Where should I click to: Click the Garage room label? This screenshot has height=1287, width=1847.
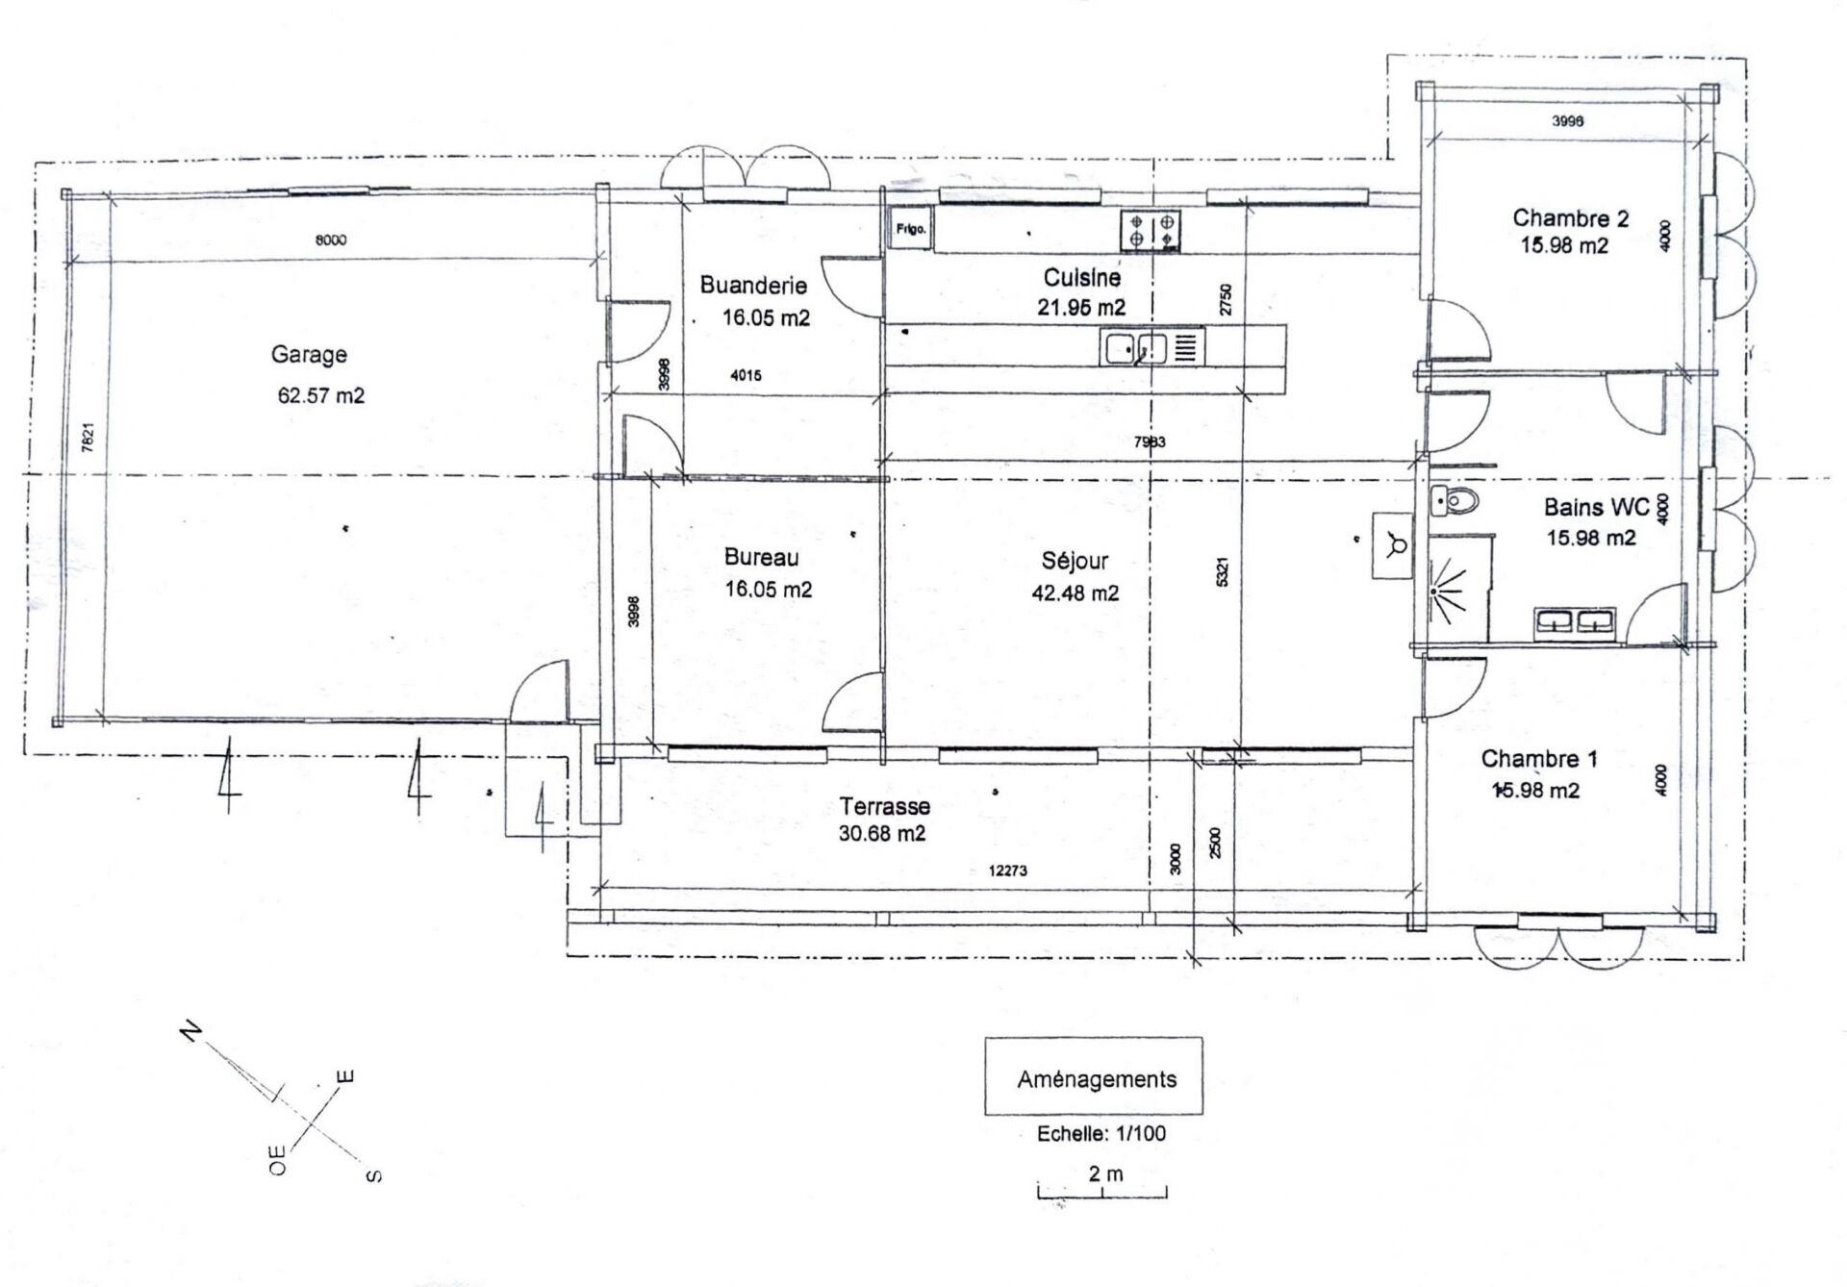tap(309, 355)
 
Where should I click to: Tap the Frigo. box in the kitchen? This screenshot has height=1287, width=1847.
tap(910, 229)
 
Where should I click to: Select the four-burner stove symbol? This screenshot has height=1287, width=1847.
tap(1151, 231)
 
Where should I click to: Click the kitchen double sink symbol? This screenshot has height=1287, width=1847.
tap(1151, 347)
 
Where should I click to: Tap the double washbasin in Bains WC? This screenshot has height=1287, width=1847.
tap(1575, 622)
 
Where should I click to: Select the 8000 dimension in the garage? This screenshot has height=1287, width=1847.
tap(331, 240)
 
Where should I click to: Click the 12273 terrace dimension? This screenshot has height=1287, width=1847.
tap(1007, 871)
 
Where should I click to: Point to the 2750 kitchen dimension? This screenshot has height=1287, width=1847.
tap(1225, 299)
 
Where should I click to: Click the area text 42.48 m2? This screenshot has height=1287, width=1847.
tap(1075, 593)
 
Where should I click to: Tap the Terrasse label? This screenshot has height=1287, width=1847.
tap(884, 806)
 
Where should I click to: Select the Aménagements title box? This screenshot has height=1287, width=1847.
tap(1094, 1076)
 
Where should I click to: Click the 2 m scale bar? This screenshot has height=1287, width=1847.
tap(1102, 1193)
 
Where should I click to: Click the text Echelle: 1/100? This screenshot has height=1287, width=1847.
tap(1101, 1134)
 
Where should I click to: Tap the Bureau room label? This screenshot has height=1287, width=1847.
tap(761, 557)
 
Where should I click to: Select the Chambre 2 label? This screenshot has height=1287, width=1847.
tap(1570, 218)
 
